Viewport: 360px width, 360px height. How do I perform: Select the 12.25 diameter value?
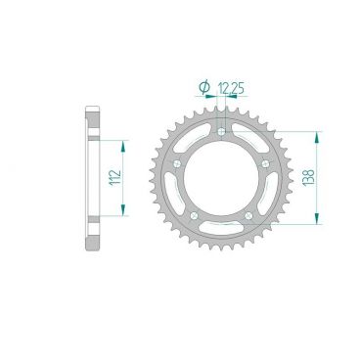pyautogui.click(x=231, y=89)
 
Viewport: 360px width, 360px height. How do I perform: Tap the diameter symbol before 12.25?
pyautogui.click(x=204, y=89)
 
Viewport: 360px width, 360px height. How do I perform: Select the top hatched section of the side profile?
pyautogui.click(x=94, y=122)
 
